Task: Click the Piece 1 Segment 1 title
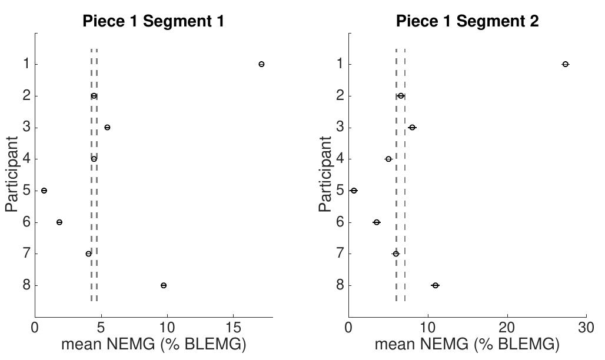pos(153,22)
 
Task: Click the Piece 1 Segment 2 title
pos(467,22)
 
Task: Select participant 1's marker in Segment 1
pos(261,64)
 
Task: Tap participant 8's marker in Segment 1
pos(164,285)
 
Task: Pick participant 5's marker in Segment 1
pos(44,191)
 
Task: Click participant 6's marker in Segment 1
pos(59,222)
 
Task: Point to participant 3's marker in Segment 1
pos(107,128)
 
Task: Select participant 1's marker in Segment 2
pos(566,64)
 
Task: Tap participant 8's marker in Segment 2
pos(435,285)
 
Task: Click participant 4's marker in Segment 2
pos(388,159)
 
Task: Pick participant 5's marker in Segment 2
pos(354,191)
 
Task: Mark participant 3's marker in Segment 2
pos(412,128)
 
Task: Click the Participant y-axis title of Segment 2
pos(325,174)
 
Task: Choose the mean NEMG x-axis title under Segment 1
pos(153,344)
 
